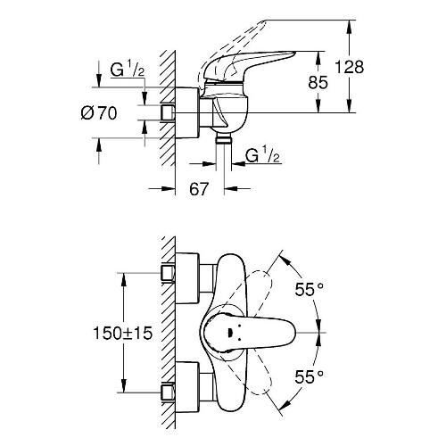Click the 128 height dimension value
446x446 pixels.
click(x=350, y=67)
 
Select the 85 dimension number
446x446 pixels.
click(x=318, y=82)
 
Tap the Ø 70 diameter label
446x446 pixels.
click(x=99, y=113)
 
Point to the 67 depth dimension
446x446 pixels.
click(x=199, y=188)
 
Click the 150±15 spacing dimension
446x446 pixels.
click(x=123, y=333)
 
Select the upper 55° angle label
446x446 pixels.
click(x=309, y=289)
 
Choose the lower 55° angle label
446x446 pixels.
click(x=309, y=377)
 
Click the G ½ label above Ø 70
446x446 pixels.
click(x=128, y=70)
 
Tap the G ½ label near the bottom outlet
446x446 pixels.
click(x=263, y=156)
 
